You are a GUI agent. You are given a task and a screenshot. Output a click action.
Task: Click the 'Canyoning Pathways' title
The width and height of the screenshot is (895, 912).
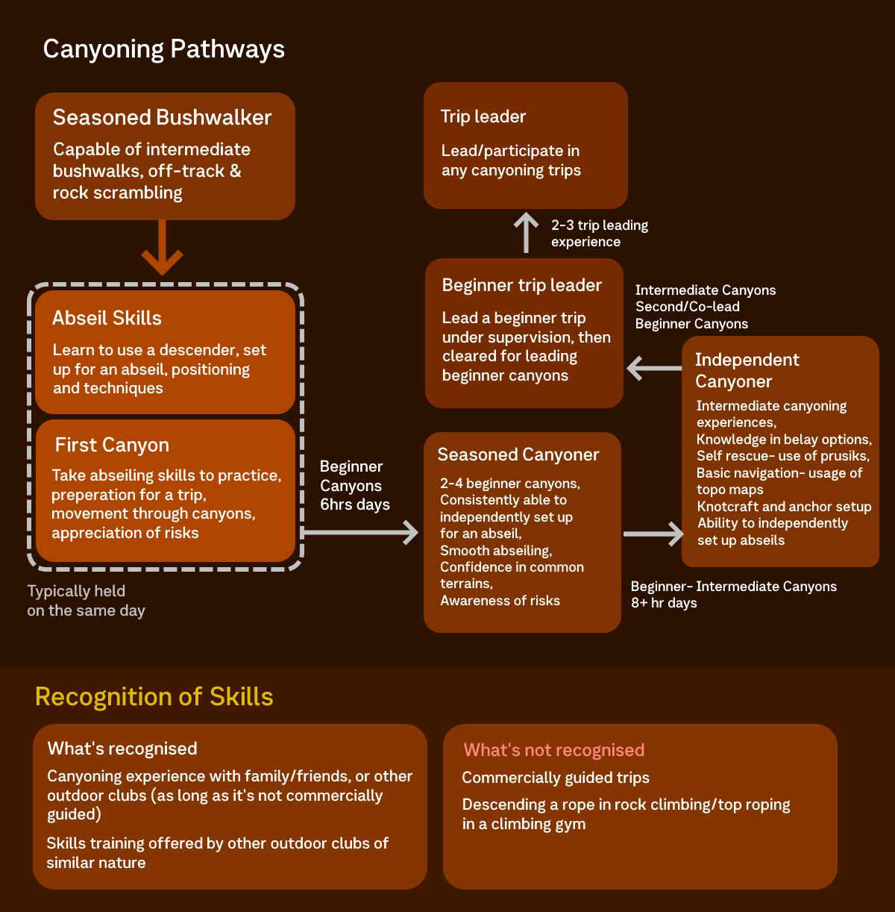[163, 49]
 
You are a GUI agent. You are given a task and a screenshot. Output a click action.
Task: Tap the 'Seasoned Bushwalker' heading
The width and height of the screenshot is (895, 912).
[162, 117]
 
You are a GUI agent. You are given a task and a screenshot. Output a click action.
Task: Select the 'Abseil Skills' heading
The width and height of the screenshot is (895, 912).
[107, 318]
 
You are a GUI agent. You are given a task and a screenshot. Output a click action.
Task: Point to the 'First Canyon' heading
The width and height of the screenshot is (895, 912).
[112, 445]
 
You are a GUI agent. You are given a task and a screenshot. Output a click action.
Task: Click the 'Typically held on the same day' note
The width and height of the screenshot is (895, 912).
[86, 601]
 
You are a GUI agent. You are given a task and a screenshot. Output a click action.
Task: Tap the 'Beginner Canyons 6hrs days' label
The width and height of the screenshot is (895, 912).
[354, 485]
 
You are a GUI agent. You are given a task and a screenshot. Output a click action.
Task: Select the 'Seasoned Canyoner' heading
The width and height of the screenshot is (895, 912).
[518, 455]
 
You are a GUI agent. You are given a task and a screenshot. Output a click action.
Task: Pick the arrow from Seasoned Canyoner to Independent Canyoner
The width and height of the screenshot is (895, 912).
[653, 534]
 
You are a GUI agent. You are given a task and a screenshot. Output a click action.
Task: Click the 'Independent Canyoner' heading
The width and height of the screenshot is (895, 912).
[747, 370]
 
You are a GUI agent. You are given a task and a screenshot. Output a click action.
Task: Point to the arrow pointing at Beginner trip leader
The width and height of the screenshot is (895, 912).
[653, 368]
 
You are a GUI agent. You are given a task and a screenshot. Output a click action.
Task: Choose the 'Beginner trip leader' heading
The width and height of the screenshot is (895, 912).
[521, 285]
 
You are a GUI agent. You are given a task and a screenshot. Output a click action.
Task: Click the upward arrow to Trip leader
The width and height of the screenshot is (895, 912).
[526, 232]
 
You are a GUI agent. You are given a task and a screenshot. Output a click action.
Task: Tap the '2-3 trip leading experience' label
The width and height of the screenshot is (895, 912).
[599, 233]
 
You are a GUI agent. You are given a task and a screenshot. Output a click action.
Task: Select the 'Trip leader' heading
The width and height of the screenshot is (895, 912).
[483, 116]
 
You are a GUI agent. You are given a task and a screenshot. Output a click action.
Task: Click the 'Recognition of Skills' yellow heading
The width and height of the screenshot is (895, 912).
[154, 696]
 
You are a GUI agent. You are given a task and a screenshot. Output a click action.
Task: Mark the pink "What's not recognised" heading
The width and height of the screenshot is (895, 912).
[553, 750]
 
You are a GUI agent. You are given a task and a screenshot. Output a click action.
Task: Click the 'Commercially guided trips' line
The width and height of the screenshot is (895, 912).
[556, 778]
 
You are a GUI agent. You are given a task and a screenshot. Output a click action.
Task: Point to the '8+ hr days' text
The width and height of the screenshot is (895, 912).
[664, 603]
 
